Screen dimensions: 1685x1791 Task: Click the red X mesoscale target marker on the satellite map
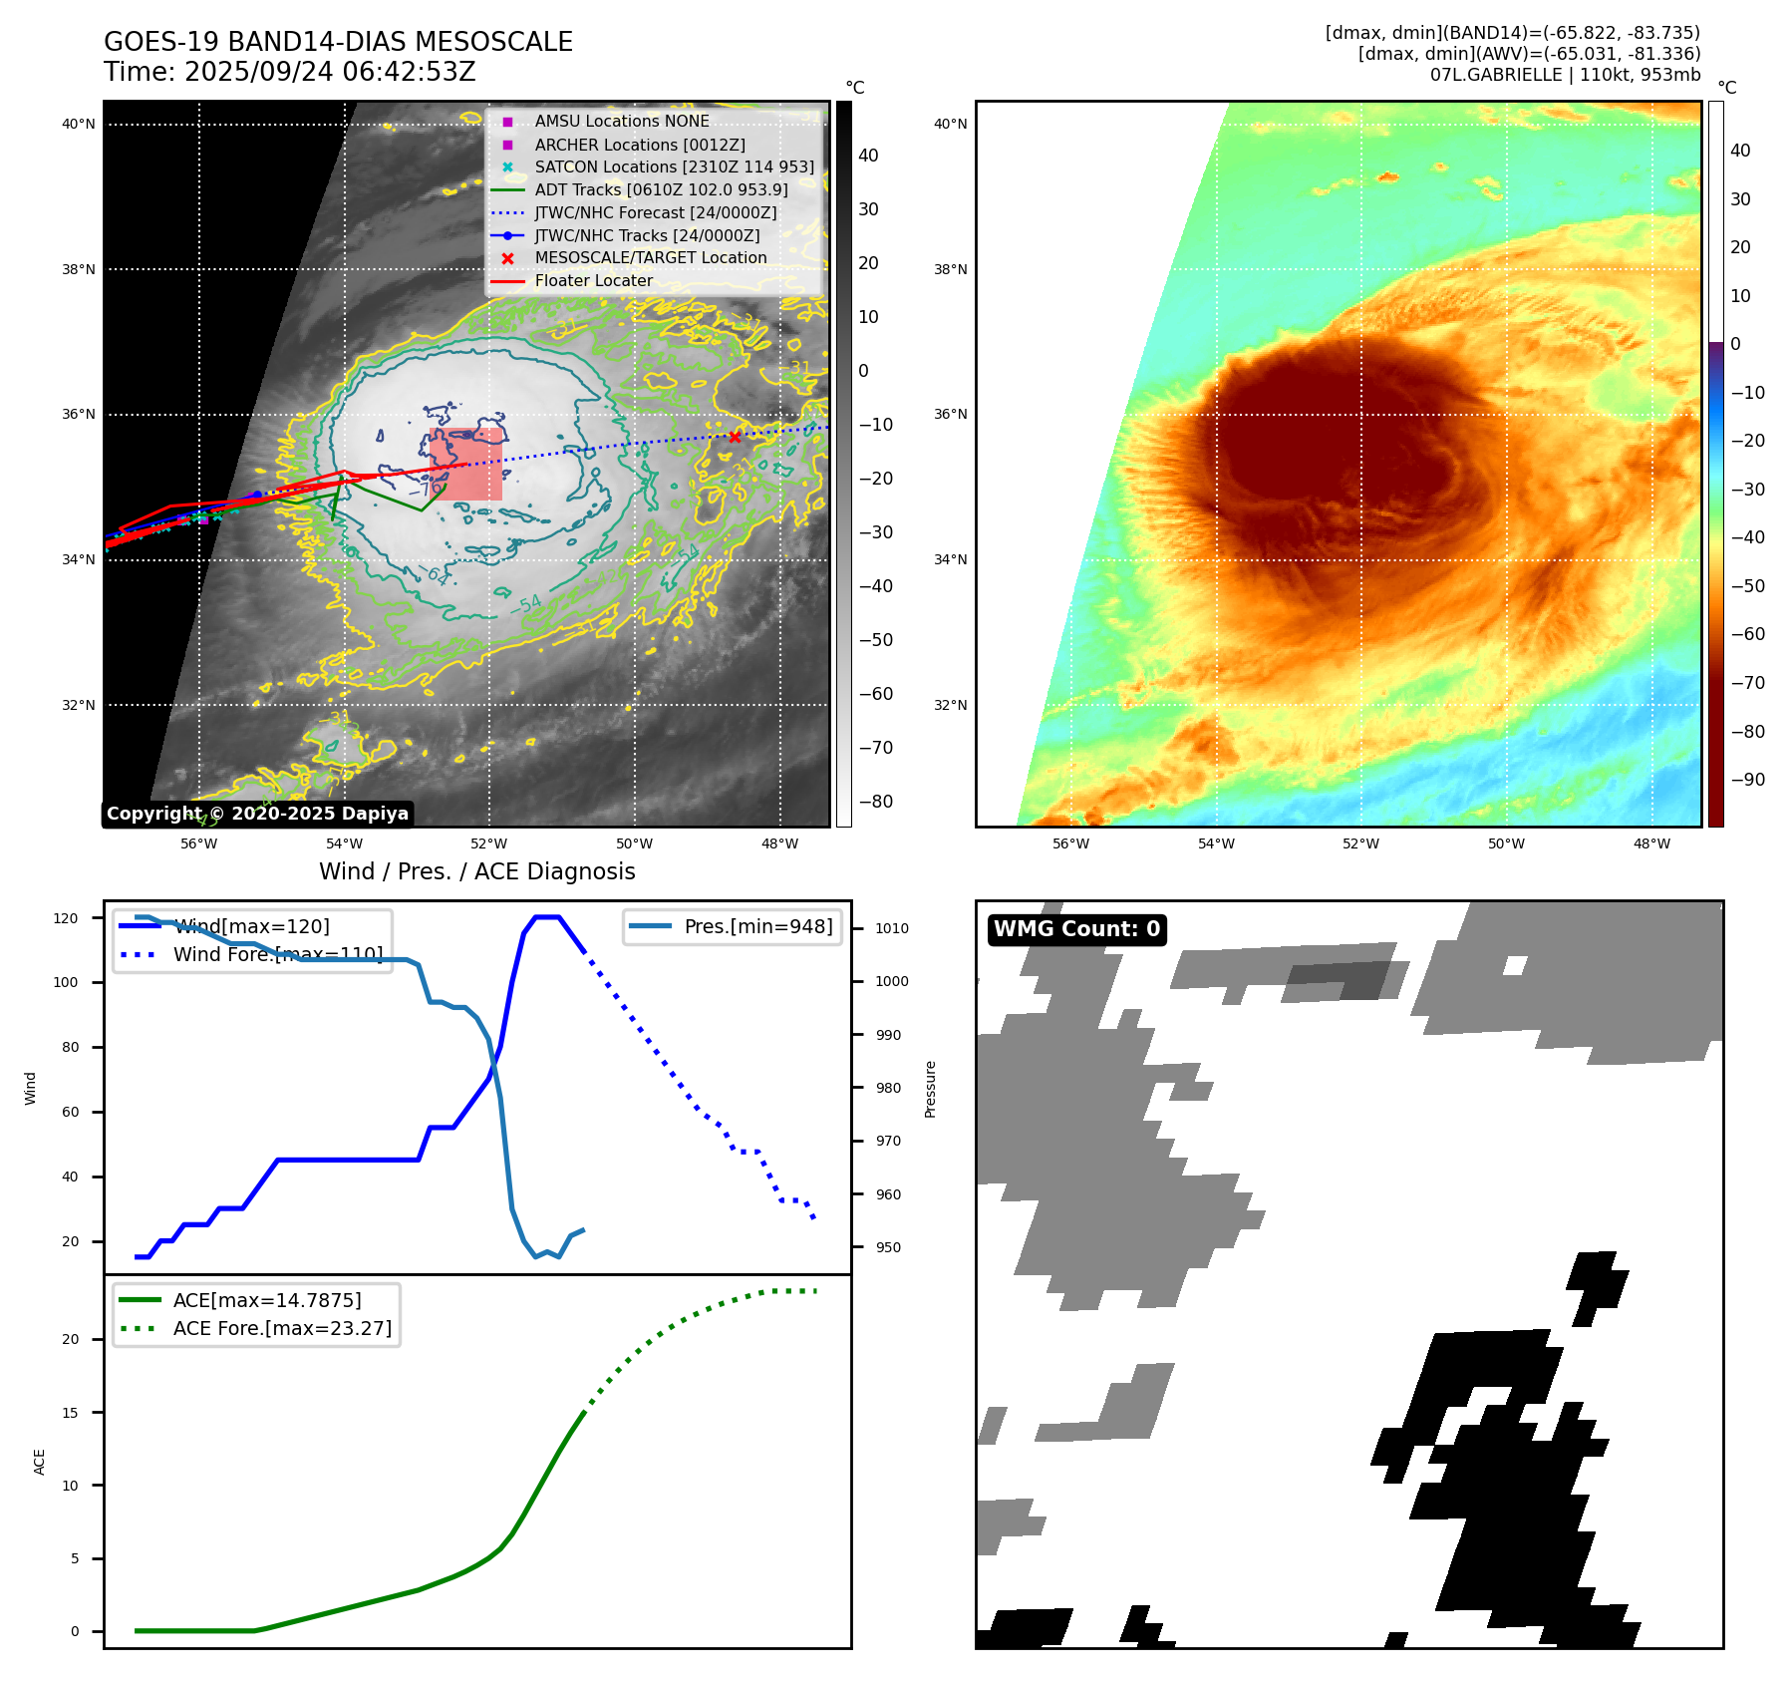tap(735, 437)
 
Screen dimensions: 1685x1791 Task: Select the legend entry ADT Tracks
tap(661, 189)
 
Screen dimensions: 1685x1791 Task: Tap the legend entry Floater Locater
tap(593, 280)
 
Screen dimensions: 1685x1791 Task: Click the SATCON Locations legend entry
tap(674, 167)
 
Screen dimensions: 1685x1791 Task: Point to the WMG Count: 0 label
tap(1076, 929)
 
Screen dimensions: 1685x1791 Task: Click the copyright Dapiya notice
tap(257, 814)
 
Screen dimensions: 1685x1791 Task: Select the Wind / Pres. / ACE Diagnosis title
tap(476, 871)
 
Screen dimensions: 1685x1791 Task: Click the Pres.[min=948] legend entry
tap(757, 926)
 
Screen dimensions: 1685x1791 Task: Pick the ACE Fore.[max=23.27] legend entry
tap(282, 1328)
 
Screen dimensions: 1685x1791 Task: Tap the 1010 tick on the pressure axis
tap(892, 928)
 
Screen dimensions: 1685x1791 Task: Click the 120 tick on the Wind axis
tap(66, 918)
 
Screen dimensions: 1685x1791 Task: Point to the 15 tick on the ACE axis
tap(71, 1413)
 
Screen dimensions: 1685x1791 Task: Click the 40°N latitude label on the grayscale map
tap(79, 125)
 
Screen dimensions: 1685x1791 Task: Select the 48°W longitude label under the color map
tap(1651, 843)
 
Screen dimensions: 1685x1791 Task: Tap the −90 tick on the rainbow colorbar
tap(1747, 780)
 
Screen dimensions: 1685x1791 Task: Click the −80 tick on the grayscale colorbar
tap(876, 802)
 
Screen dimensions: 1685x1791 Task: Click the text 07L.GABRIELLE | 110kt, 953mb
tap(1565, 75)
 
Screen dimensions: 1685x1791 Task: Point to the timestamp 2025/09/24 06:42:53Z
tap(330, 72)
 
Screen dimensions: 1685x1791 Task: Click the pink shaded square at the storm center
tap(465, 465)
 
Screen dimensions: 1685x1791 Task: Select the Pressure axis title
tap(930, 1089)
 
